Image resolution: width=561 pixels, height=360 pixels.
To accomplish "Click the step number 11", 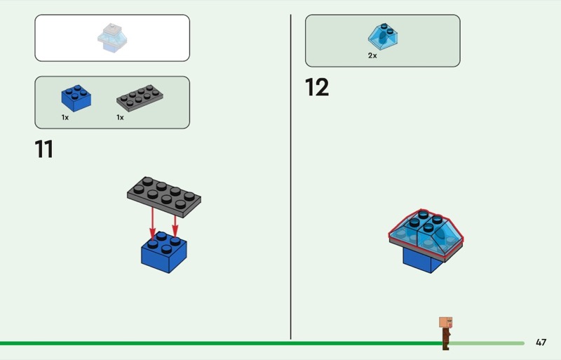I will [x=43, y=149].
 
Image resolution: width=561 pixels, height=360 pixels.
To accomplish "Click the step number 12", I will [x=316, y=88].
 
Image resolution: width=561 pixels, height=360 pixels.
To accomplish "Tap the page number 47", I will [x=541, y=342].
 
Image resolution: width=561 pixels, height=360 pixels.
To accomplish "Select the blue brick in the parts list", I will [x=76, y=98].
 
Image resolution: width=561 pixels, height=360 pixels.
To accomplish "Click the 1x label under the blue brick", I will [x=65, y=118].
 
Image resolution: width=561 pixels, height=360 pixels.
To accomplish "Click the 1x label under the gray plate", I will [x=120, y=118].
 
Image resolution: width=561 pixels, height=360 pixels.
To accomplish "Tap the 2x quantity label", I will [x=372, y=55].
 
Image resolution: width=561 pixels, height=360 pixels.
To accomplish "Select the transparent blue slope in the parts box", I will [x=382, y=35].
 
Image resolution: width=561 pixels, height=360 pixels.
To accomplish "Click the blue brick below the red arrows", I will [x=163, y=253].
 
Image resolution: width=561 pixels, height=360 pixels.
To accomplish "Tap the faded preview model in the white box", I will [x=111, y=39].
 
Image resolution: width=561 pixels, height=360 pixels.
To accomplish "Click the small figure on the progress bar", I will [x=445, y=332].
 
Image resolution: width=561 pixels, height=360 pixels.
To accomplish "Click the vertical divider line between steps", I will [x=291, y=175].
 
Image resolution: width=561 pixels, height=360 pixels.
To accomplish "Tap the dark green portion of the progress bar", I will [x=210, y=343].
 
